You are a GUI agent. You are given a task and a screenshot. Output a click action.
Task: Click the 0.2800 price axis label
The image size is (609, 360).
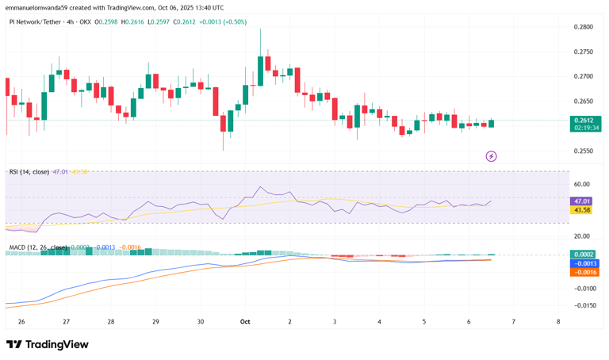pos(583,27)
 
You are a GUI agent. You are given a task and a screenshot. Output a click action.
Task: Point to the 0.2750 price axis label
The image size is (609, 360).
pos(583,52)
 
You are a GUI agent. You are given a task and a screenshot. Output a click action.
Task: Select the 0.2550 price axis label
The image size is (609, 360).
pos(583,151)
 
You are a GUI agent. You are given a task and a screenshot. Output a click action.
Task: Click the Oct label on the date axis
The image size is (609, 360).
pos(245,322)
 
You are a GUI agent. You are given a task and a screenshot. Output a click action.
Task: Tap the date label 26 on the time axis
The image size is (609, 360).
pos(21,322)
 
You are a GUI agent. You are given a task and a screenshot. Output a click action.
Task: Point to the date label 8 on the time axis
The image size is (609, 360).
pos(559,322)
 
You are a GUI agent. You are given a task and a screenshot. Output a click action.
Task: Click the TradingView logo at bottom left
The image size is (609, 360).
pos(48,344)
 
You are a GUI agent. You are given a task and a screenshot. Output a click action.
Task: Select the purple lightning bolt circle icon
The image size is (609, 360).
pos(491,156)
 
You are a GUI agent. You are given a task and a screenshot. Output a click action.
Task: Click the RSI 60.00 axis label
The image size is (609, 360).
pos(583,184)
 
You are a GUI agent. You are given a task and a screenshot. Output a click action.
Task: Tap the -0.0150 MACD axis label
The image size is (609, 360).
pos(583,305)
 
